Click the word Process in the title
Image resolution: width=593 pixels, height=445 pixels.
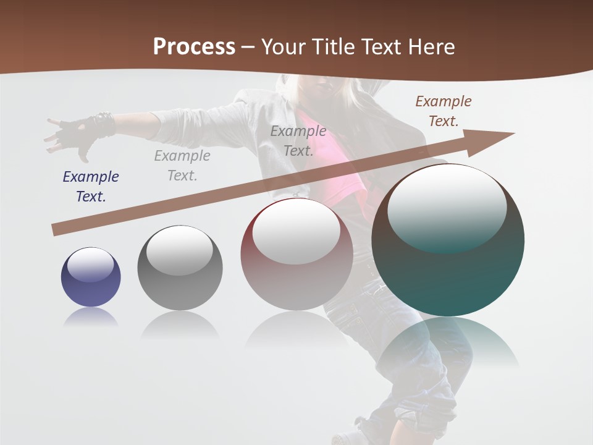coord(194,47)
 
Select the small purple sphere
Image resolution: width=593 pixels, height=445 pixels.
coord(91,277)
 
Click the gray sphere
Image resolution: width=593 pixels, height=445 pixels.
coord(180,268)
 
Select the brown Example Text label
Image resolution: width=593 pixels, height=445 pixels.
coord(443,111)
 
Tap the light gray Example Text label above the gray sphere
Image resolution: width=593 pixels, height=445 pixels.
coord(182,166)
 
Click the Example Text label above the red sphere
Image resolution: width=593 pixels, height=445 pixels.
coord(298,141)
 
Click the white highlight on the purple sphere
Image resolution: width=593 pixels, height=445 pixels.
coord(90,264)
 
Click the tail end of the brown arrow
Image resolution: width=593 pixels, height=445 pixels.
coord(59,229)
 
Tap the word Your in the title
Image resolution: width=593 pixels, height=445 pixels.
coord(284,47)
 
